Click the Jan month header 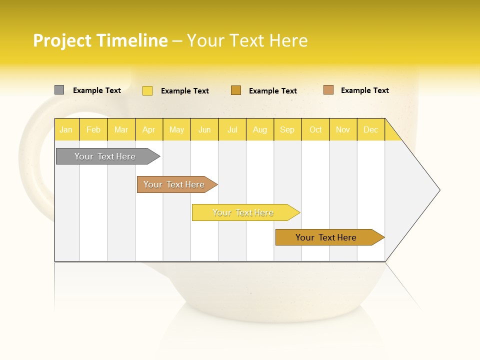pos(66,129)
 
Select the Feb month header pos(93,129)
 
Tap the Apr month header pos(149,129)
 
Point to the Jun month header pos(204,129)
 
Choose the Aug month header pos(260,129)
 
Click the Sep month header pos(287,129)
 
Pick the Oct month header pos(315,129)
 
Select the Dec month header pos(371,129)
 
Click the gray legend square pos(59,90)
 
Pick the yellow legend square pos(147,90)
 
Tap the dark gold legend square pos(236,90)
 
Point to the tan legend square pos(328,90)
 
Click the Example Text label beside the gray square pos(97,90)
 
